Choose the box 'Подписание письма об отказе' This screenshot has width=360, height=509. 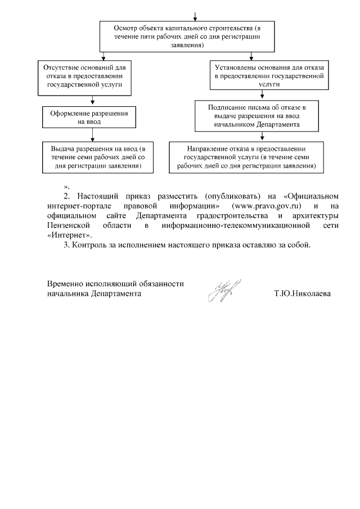[x=256, y=115]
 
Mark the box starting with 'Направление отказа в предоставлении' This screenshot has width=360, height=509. [x=246, y=155]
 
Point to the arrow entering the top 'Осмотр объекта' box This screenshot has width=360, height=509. [x=195, y=16]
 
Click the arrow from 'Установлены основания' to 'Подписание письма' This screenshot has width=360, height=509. [x=262, y=95]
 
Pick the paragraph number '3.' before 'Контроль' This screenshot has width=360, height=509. [x=66, y=245]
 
